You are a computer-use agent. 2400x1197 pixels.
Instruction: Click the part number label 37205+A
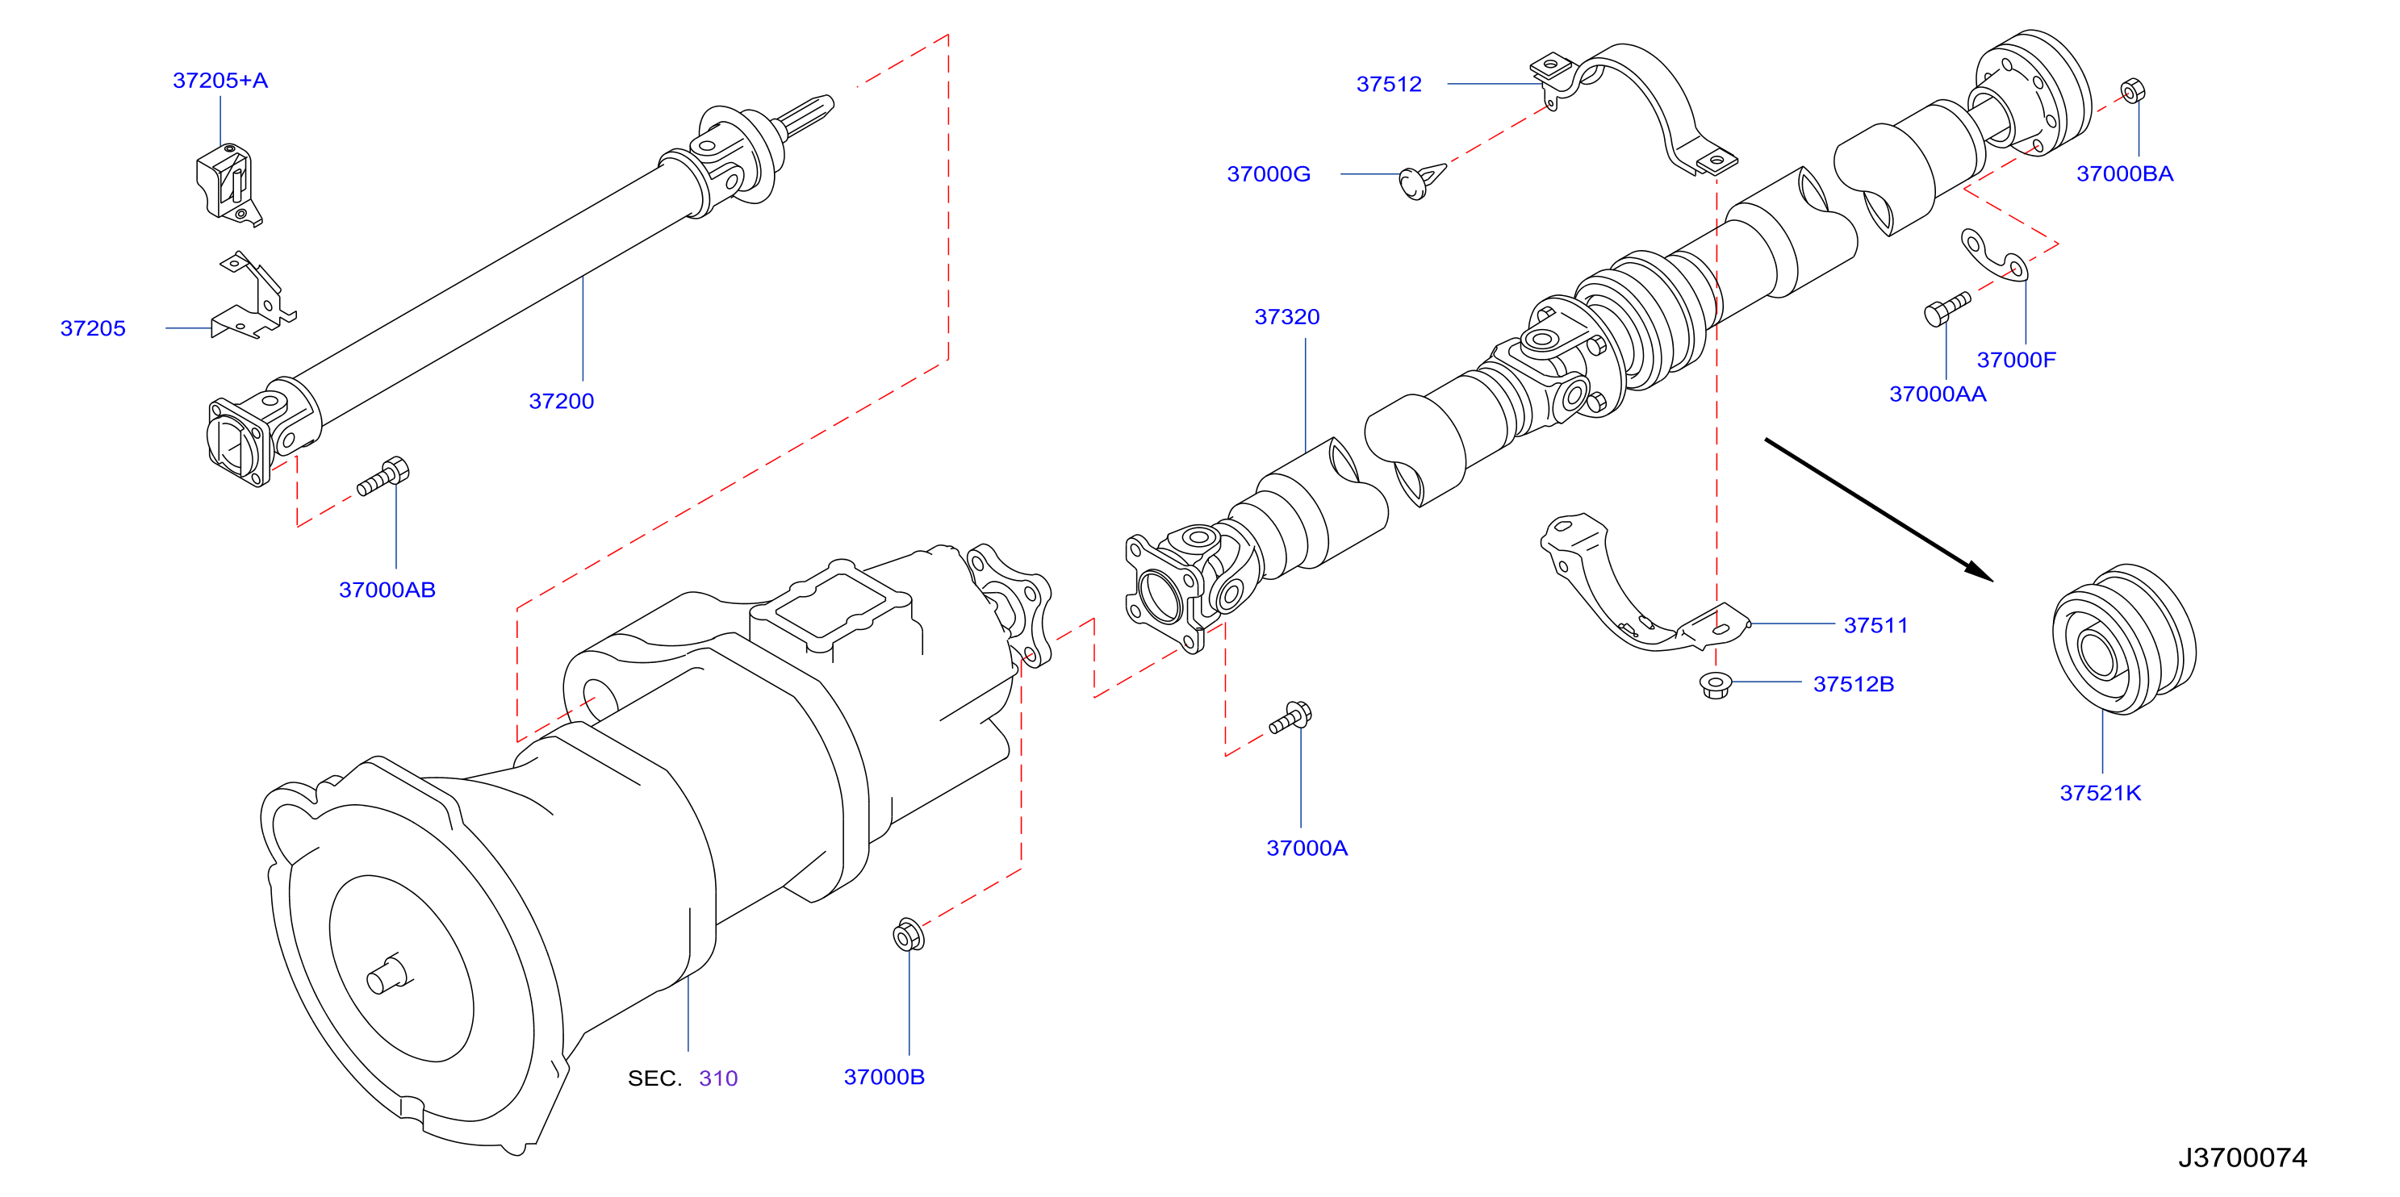click(x=220, y=81)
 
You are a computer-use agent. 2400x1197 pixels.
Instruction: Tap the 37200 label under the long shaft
click(x=561, y=402)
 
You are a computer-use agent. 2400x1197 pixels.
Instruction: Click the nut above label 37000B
click(x=909, y=934)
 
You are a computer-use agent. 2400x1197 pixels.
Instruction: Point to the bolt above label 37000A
click(x=1290, y=717)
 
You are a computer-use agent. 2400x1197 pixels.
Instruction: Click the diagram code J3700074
click(x=2243, y=1157)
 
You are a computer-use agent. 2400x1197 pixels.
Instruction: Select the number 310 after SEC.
click(x=718, y=1078)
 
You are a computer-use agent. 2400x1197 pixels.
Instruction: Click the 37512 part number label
click(x=1388, y=85)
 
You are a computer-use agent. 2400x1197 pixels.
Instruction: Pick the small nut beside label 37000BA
click(x=2132, y=91)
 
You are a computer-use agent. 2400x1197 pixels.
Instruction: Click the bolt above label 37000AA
click(x=1946, y=309)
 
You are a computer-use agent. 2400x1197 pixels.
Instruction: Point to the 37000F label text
click(x=2016, y=361)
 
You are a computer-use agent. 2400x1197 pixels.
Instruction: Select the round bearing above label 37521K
click(x=2123, y=639)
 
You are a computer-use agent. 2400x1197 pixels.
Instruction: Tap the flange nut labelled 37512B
click(x=1714, y=685)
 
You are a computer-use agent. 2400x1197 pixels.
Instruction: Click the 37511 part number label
click(x=1875, y=626)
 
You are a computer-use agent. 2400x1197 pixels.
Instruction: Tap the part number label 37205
click(x=93, y=329)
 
